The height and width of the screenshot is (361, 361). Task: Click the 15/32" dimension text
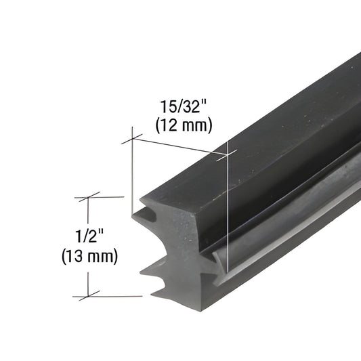(x=183, y=107)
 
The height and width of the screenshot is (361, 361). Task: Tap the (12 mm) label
(x=184, y=124)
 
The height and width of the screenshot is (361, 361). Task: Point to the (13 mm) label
(x=89, y=256)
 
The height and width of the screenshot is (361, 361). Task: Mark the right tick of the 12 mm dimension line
(x=227, y=155)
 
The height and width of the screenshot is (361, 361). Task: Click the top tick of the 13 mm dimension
(x=87, y=196)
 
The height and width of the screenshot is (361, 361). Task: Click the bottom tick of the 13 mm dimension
(x=87, y=296)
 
